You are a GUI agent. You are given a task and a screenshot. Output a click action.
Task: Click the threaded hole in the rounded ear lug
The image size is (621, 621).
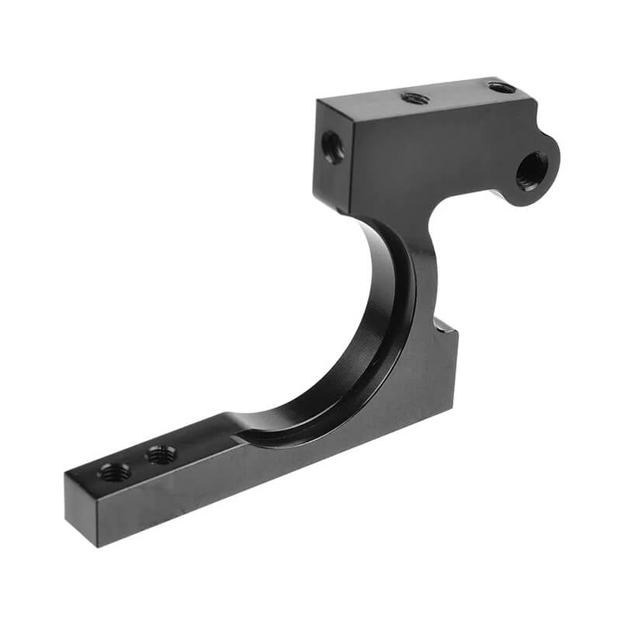pos(532,170)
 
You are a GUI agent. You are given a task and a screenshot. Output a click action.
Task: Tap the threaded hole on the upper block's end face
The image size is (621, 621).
pos(333,146)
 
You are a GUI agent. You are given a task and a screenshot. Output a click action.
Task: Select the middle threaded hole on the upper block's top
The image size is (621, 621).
pos(415,99)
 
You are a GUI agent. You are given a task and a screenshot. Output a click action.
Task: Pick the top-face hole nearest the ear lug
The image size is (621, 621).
pos(501,87)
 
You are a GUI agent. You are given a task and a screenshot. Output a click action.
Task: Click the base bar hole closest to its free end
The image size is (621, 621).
pos(115,471)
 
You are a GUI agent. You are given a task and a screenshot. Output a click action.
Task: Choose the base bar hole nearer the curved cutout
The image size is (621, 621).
pos(161,454)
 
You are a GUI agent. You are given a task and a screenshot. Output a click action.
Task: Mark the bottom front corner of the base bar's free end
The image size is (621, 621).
pos(98,546)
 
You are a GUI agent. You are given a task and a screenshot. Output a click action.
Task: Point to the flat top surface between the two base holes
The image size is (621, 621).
pos(138,463)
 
